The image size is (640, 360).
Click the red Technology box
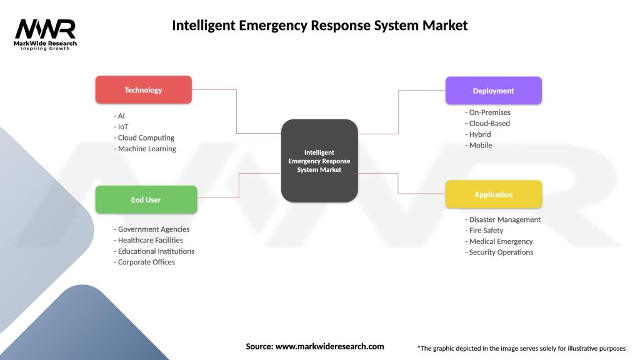tap(143, 90)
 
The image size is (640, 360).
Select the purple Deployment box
tap(493, 91)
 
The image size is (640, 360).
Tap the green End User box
tap(146, 200)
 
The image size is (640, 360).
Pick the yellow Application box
tap(493, 194)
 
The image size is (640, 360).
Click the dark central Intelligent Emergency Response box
tap(319, 161)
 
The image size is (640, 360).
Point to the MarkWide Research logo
tap(46, 34)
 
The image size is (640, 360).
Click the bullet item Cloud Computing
tap(146, 137)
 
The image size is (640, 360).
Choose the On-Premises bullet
tap(489, 112)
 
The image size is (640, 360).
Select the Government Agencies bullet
tap(153, 229)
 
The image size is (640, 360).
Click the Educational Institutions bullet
tap(155, 251)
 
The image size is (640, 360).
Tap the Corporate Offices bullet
tap(146, 262)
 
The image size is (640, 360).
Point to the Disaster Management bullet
tap(504, 219)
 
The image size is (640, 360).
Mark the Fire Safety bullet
tap(485, 231)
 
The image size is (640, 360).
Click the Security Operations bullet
tap(500, 252)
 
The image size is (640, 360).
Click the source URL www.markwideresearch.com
tap(329, 346)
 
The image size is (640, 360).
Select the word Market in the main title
tap(444, 26)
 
